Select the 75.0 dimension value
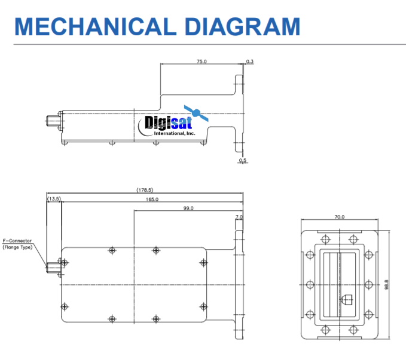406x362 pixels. click(x=202, y=62)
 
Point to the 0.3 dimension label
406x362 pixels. click(x=249, y=62)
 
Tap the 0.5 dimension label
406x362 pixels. click(x=242, y=161)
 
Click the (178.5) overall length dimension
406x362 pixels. click(x=145, y=191)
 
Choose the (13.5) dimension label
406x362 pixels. click(x=54, y=199)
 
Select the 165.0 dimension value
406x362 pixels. click(x=152, y=199)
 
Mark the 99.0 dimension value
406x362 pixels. click(x=188, y=208)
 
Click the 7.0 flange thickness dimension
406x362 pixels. click(x=239, y=217)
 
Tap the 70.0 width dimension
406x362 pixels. click(x=339, y=217)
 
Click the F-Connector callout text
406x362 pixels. click(x=17, y=241)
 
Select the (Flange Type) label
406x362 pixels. click(x=17, y=247)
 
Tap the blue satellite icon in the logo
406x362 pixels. click(x=196, y=112)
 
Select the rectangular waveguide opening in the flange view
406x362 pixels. click(x=338, y=284)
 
